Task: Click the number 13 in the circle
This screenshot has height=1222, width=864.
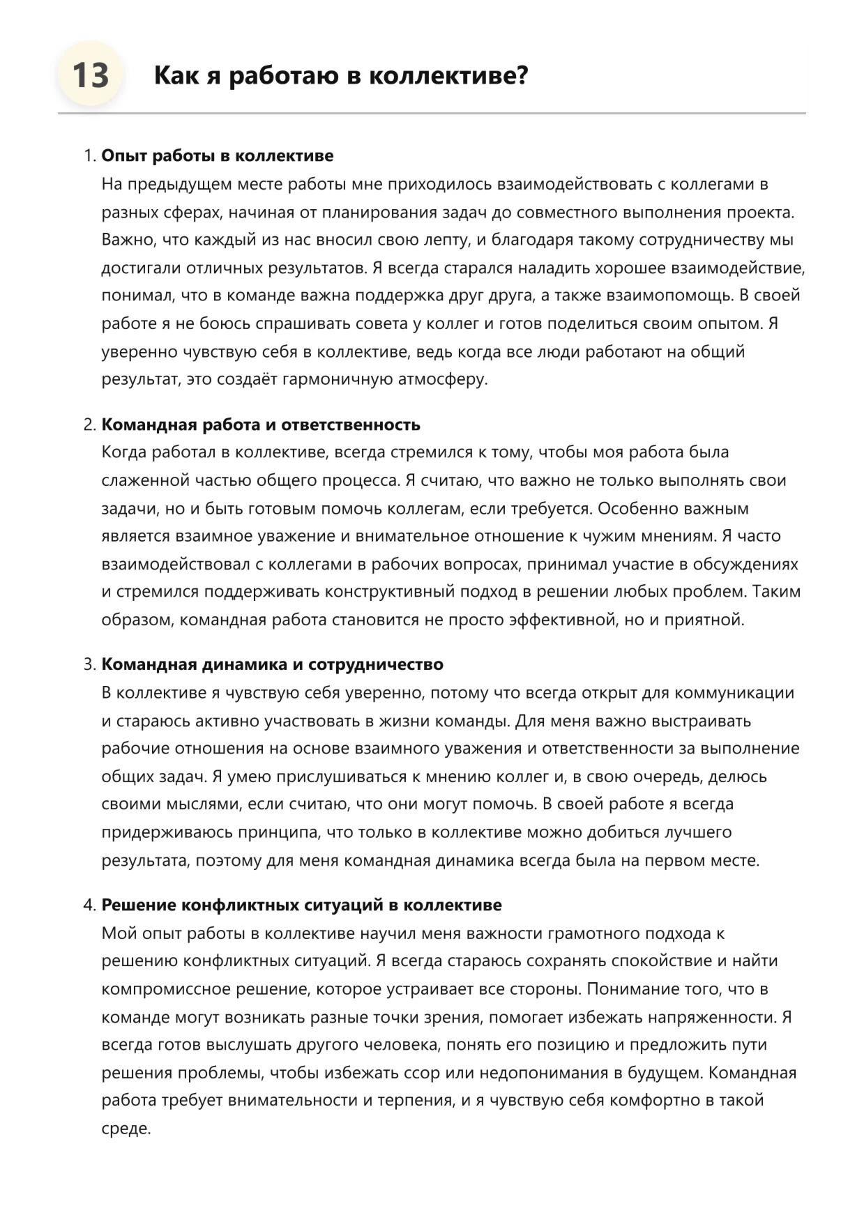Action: pos(91,75)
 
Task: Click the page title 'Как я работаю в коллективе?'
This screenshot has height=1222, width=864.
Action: pos(340,75)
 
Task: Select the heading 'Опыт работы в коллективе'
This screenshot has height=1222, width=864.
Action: pos(217,155)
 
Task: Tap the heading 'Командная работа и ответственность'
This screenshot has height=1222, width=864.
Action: pos(261,425)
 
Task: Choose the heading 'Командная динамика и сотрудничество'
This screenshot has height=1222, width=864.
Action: pos(272,664)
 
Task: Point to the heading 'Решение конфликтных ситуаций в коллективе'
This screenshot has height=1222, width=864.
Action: pos(301,905)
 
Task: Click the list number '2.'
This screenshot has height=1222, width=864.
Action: pos(89,425)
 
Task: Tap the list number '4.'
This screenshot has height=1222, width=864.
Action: pos(89,905)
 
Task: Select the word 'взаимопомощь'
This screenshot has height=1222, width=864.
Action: pos(672,296)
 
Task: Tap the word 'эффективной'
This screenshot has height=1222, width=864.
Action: pos(561,620)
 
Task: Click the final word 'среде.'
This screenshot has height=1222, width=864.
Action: pos(126,1129)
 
